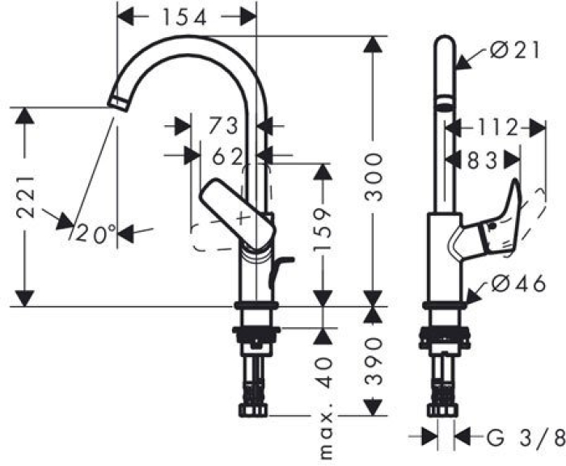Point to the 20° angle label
[96, 233]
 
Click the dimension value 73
[224, 127]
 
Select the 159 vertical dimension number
[323, 229]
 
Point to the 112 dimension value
[492, 127]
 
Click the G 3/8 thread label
[525, 438]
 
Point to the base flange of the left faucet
[256, 305]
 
